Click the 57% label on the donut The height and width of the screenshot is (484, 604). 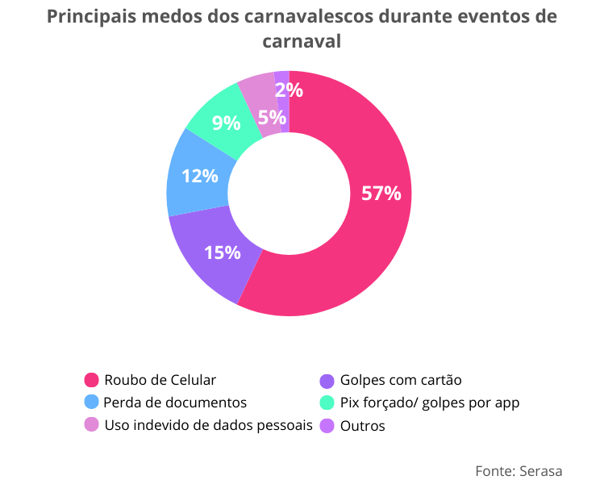click(381, 194)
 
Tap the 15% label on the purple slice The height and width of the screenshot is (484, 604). click(222, 252)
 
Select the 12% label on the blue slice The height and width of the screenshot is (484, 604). click(199, 175)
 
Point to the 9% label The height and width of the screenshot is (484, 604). click(226, 123)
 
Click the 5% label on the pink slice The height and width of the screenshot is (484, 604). click(272, 118)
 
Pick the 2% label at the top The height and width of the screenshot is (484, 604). click(289, 90)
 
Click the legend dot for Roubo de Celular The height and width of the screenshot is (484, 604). click(91, 380)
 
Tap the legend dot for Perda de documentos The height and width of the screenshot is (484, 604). click(91, 402)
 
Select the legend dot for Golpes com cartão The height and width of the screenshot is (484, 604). click(327, 380)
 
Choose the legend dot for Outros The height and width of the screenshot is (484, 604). click(327, 425)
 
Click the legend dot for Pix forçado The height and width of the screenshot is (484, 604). click(327, 402)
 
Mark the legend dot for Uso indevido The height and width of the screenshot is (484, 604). click(91, 424)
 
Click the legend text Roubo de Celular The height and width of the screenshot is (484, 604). click(160, 380)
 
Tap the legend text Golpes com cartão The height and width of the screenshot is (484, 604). click(401, 380)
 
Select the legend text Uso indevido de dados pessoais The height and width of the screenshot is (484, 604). click(208, 424)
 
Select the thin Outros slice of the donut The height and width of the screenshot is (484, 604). click(283, 78)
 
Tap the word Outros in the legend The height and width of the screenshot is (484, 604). click(363, 426)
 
